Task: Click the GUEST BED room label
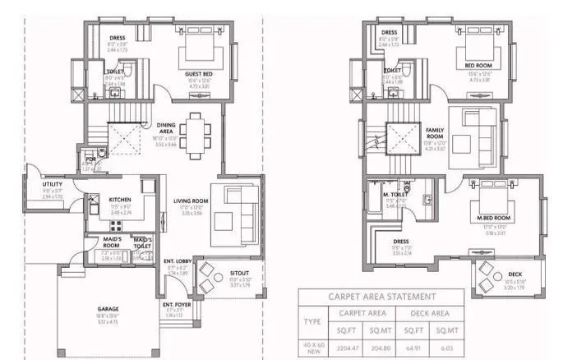click(x=199, y=75)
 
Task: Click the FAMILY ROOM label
click(x=435, y=133)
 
